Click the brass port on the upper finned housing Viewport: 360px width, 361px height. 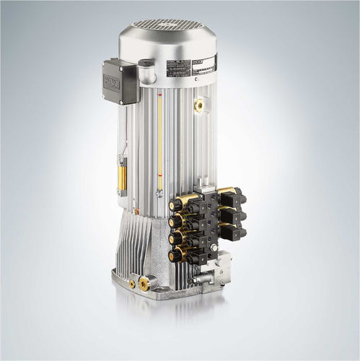198,105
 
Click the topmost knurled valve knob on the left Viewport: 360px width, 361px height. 175,205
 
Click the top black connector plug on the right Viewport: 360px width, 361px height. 233,196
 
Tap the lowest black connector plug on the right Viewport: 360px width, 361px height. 232,232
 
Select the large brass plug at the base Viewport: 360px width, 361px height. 145,284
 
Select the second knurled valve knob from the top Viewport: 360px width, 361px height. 175,222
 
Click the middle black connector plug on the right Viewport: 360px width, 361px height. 232,214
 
